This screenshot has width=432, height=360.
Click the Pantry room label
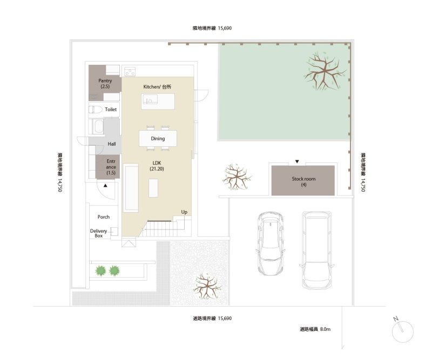[105, 84]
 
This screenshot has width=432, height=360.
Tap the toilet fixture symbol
[96, 110]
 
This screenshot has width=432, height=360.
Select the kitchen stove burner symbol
[130, 71]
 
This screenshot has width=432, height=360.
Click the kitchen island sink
[150, 99]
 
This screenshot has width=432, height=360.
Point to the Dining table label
[158, 139]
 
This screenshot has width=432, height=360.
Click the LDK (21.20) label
[157, 166]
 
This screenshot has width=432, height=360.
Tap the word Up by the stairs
[184, 212]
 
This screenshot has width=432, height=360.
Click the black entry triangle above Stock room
[297, 162]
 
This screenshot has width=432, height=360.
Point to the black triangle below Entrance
[105, 186]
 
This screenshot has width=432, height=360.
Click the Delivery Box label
[99, 233]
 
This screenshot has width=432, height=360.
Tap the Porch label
[104, 217]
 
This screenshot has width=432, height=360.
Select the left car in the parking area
[271, 243]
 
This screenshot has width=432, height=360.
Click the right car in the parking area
[317, 250]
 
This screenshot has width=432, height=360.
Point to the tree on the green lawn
[325, 71]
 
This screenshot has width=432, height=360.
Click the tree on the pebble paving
[207, 287]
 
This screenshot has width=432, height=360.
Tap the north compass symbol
[402, 330]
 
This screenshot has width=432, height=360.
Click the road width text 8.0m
[326, 329]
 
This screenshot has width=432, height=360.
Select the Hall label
[112, 144]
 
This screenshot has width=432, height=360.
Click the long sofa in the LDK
[131, 188]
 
